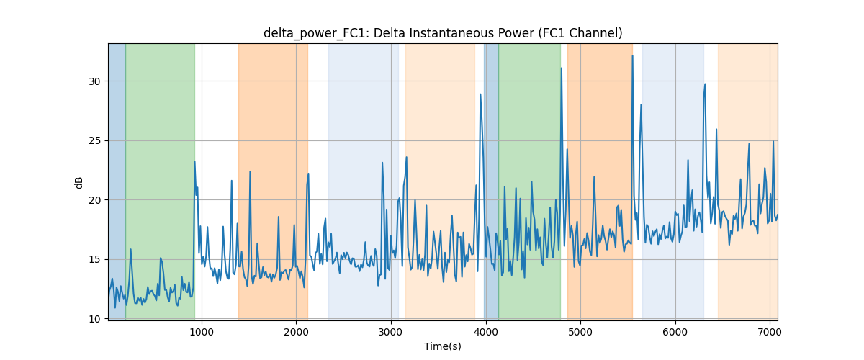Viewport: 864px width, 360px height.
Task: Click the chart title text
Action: point(443,33)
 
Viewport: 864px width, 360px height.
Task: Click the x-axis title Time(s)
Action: point(443,346)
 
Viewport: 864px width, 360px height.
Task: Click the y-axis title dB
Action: point(78,183)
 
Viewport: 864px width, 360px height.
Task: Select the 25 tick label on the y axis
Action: point(94,141)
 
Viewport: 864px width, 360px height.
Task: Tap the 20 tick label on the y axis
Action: point(94,200)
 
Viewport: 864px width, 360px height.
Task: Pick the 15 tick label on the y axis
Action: point(94,260)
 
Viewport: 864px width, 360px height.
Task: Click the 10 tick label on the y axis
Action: point(94,319)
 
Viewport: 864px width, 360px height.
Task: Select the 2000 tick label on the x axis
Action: point(296,332)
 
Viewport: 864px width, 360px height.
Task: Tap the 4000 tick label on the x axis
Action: point(485,332)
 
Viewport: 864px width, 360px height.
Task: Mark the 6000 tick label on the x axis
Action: point(675,332)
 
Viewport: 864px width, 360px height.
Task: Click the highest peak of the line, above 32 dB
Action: point(632,56)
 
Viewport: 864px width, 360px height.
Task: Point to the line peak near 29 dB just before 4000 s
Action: point(480,94)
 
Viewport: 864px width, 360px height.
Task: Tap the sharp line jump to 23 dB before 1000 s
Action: point(194,162)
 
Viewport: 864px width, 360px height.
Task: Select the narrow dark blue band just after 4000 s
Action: point(491,181)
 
